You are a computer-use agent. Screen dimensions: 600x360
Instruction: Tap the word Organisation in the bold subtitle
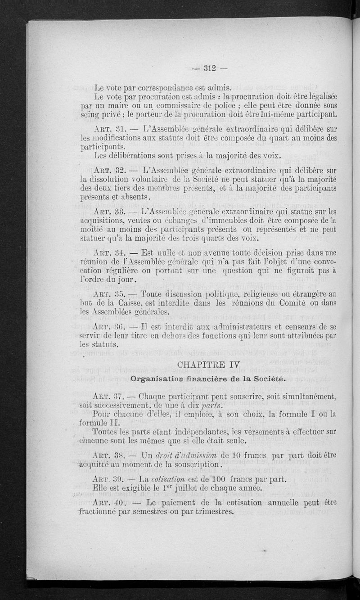(156, 379)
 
